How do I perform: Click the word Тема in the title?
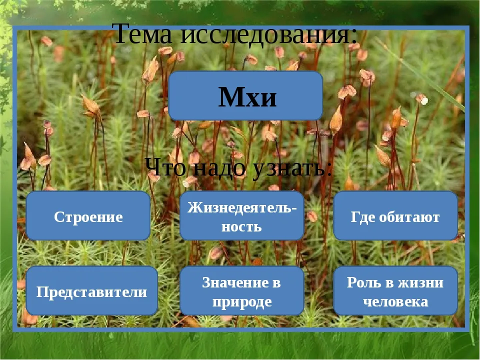(x=142, y=33)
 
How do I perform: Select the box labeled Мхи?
(x=245, y=96)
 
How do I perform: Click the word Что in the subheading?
(x=165, y=168)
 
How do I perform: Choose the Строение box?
(x=88, y=216)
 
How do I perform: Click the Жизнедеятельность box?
(x=242, y=216)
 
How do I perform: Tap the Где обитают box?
(x=395, y=216)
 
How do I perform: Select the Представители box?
(x=92, y=290)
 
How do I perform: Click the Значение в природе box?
(x=242, y=290)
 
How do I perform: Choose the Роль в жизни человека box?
(x=395, y=290)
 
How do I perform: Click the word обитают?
(x=409, y=217)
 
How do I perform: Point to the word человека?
(x=395, y=302)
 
